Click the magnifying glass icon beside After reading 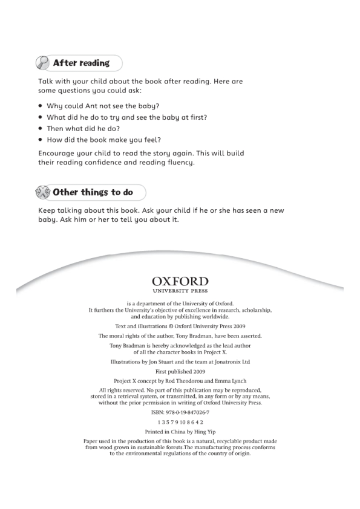pos(44,63)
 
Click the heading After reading pos(81,63)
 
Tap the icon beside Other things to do pos(44,193)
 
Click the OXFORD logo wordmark pos(180,282)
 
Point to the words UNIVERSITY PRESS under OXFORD pos(180,291)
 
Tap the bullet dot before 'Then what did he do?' pos(41,129)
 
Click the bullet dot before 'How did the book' pos(41,140)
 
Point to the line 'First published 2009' pos(180,372)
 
